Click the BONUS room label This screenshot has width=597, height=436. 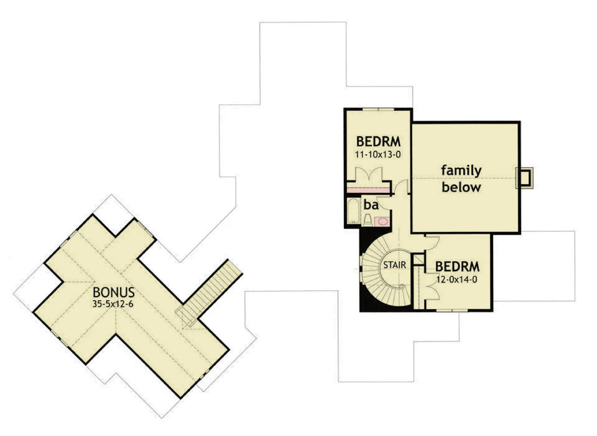click(114, 291)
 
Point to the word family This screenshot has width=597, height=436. click(461, 171)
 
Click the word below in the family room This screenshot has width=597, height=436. click(461, 188)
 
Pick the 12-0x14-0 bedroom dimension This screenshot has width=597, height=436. click(458, 279)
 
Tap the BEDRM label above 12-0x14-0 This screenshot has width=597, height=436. click(458, 266)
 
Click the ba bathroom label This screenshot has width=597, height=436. click(371, 205)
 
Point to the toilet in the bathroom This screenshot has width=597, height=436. click(368, 219)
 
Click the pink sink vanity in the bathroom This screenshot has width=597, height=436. click(382, 221)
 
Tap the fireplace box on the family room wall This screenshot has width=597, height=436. click(525, 178)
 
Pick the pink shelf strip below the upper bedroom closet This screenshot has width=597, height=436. click(367, 190)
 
